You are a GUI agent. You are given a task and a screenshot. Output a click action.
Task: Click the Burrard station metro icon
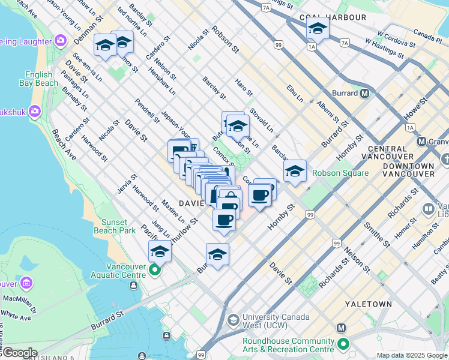(364, 93)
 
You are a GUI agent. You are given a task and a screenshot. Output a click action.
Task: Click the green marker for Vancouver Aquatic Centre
(155, 271)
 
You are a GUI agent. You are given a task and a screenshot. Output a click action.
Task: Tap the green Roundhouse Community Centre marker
(343, 344)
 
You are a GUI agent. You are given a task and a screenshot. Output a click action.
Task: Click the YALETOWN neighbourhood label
(368, 304)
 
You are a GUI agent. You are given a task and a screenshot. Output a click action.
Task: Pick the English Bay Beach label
(41, 79)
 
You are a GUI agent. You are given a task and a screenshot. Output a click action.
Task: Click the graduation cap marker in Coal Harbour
(318, 28)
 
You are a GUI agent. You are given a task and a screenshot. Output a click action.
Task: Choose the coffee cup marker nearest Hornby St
(259, 195)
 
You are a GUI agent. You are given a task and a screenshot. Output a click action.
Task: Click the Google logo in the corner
(20, 353)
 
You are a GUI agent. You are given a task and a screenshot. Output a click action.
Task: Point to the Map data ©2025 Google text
(412, 355)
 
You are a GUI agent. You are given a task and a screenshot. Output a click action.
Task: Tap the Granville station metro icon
(422, 142)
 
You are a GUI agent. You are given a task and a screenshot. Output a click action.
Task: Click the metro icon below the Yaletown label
(342, 328)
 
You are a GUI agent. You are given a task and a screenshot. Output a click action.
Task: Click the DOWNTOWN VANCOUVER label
(410, 161)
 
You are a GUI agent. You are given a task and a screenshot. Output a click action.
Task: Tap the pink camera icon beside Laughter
(60, 40)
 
